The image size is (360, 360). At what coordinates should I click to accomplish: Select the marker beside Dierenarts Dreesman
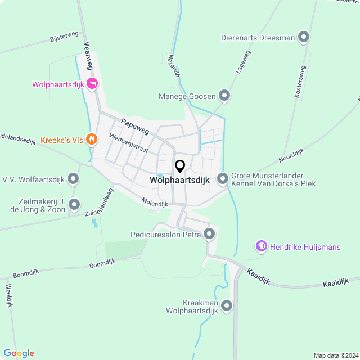pyautogui.click(x=304, y=38)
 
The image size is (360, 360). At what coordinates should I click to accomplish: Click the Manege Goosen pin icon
pyautogui.click(x=224, y=96)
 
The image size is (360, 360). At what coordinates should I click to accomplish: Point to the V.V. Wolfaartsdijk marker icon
pyautogui.click(x=73, y=179)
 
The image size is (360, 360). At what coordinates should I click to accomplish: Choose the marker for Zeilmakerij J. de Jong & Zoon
pyautogui.click(x=75, y=205)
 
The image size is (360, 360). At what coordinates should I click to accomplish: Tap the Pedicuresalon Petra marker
pyautogui.click(x=210, y=234)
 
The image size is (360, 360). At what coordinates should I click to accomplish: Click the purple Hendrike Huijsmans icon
pyautogui.click(x=261, y=246)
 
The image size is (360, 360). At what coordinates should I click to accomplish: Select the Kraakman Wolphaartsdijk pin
pyautogui.click(x=227, y=306)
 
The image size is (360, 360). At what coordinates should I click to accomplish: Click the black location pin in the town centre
pyautogui.click(x=180, y=166)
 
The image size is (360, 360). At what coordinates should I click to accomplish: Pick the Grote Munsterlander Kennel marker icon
pyautogui.click(x=223, y=179)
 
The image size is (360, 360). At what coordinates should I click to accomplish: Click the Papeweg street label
pyautogui.click(x=134, y=122)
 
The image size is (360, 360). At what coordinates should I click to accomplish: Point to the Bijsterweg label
pyautogui.click(x=64, y=37)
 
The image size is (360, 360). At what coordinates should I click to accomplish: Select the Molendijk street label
pyautogui.click(x=155, y=203)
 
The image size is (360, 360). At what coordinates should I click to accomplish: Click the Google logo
pyautogui.click(x=19, y=353)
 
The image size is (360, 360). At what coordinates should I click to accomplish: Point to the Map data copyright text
pyautogui.click(x=335, y=355)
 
